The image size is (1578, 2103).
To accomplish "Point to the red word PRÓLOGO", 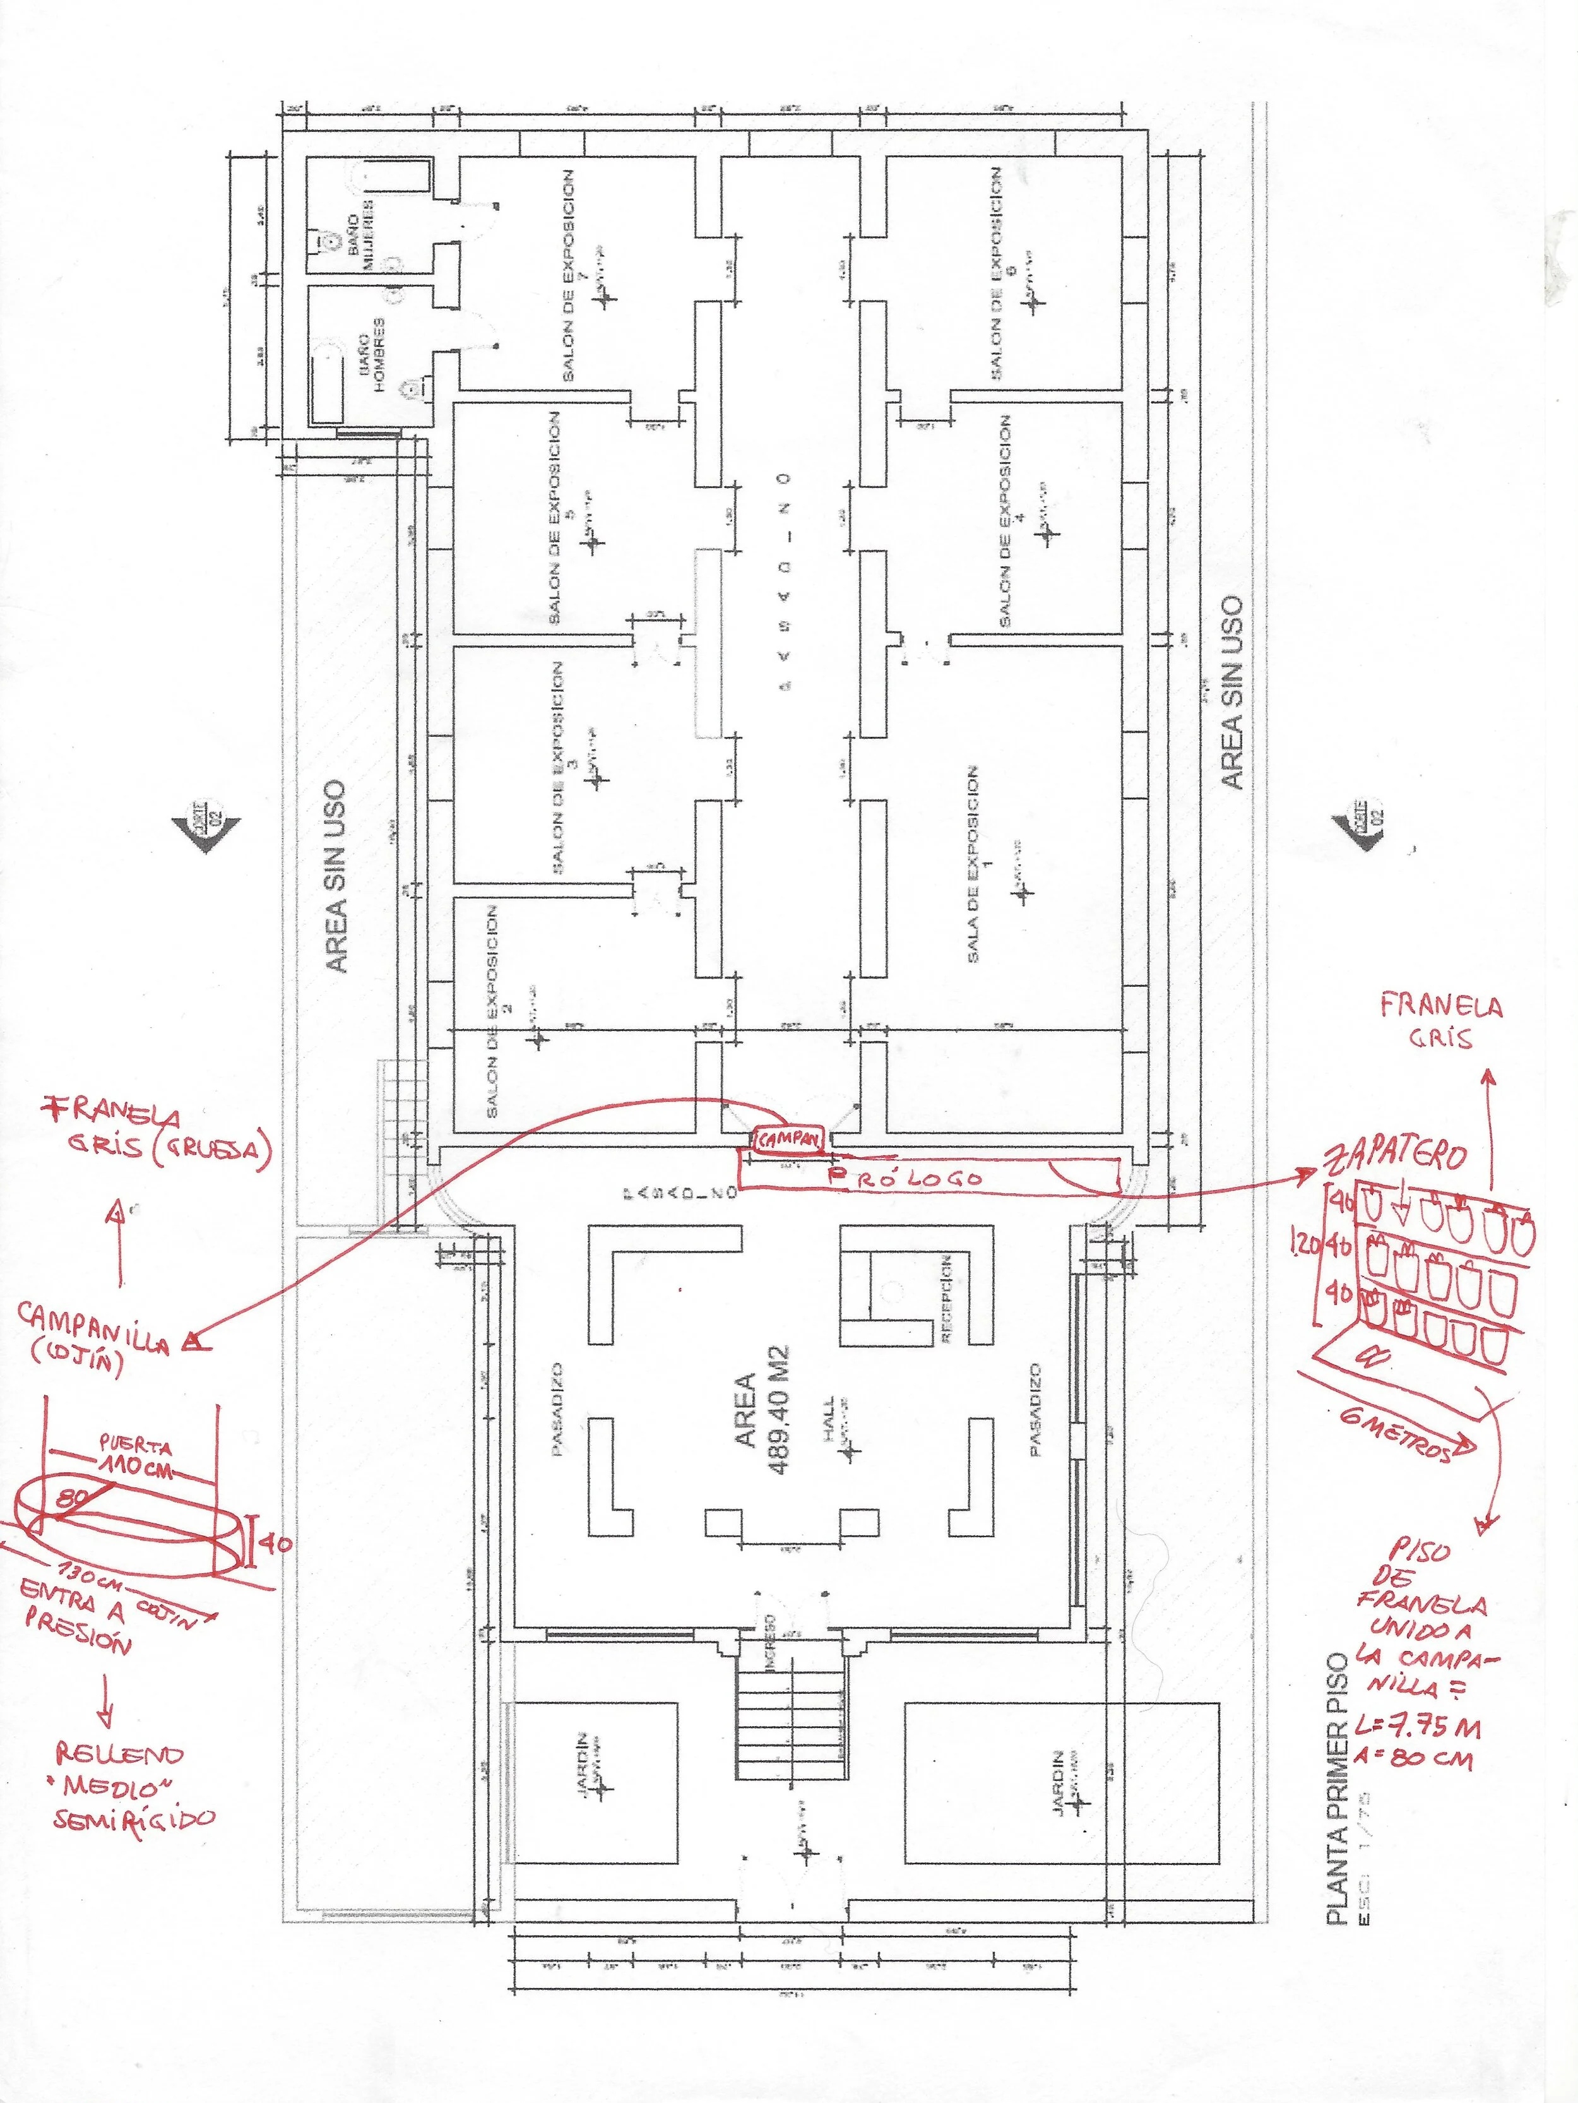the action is coord(905,1177).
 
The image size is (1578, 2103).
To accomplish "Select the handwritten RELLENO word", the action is coord(120,1753).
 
